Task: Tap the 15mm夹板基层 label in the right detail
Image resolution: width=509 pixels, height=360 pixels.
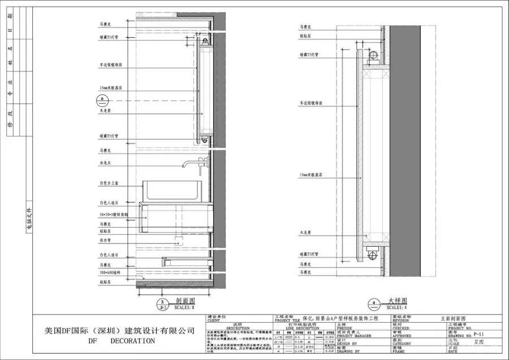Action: (310, 175)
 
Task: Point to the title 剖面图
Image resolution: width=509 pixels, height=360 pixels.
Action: (185, 301)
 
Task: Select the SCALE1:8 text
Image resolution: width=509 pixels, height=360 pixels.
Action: (184, 308)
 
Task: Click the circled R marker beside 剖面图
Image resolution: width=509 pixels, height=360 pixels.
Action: (162, 304)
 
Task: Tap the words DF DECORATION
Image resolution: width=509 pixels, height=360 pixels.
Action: (122, 341)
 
